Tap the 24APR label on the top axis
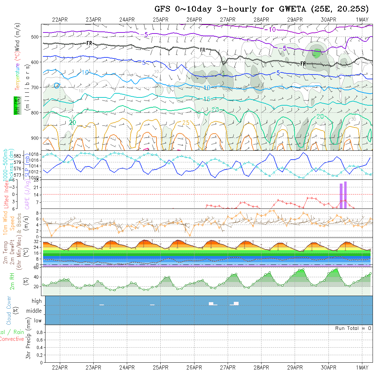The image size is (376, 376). click(x=127, y=19)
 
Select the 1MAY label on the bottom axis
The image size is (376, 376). click(x=362, y=368)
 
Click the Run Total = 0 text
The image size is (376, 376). click(x=353, y=328)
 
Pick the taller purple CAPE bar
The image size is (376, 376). click(x=346, y=195)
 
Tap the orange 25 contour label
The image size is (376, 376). click(x=186, y=123)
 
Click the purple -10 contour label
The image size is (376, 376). click(x=270, y=30)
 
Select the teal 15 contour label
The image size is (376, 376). click(x=206, y=99)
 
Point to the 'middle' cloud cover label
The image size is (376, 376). click(x=34, y=311)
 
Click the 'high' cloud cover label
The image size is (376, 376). click(x=37, y=301)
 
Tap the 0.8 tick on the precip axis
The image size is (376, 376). click(x=39, y=332)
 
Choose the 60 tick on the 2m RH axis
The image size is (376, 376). click(x=35, y=268)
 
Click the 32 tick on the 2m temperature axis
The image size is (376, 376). click(x=35, y=241)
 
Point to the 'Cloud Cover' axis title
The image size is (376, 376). click(x=9, y=310)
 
